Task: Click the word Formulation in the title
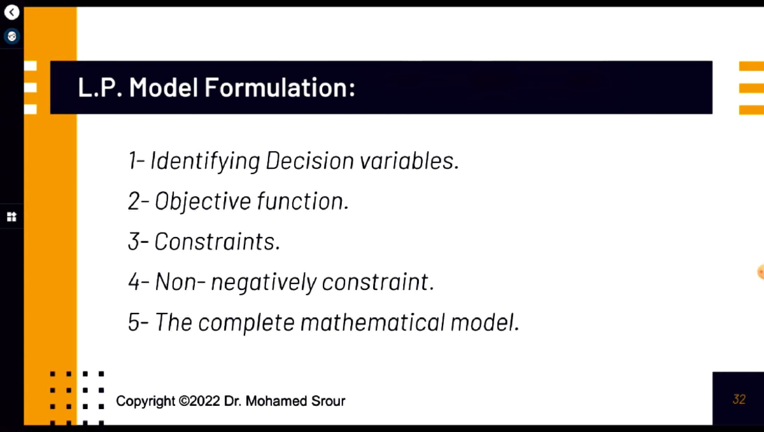280,87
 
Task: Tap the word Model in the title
164,87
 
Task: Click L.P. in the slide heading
100,87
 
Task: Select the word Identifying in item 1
205,161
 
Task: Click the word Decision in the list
309,161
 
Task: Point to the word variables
409,161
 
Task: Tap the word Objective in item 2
203,201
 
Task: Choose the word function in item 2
303,201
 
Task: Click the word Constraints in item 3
217,241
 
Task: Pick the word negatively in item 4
264,282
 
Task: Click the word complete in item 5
246,323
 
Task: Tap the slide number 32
739,400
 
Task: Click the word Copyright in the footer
145,401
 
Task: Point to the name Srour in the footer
328,401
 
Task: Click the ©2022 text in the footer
199,401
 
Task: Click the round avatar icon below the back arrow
12,36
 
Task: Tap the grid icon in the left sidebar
11,217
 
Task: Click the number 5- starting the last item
139,322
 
